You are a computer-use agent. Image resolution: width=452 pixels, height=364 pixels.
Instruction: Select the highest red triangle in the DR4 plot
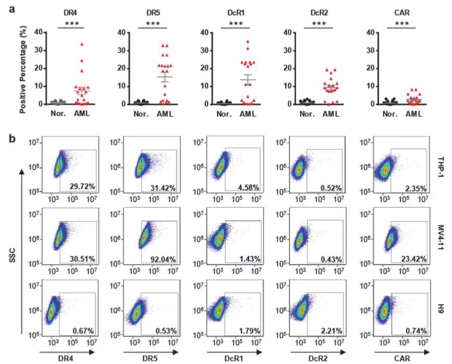coord(81,45)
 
